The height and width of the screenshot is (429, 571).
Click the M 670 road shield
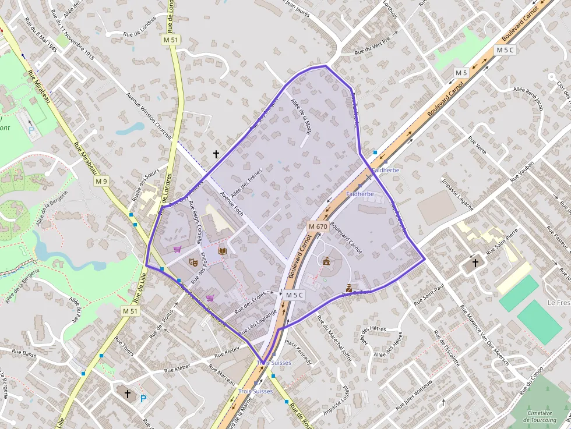point(318,226)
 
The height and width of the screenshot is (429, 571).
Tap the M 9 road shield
point(101,182)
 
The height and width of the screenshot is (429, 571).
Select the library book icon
point(222,251)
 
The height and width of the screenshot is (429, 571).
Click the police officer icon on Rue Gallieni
point(349,288)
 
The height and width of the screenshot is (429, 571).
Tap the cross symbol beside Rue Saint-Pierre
point(475,263)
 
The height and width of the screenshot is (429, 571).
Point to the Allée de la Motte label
point(301,117)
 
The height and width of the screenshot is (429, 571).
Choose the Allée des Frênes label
point(246,182)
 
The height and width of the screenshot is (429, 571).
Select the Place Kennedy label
point(298,352)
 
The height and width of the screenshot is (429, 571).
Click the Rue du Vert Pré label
point(372,48)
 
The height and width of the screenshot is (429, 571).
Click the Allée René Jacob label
point(528,99)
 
